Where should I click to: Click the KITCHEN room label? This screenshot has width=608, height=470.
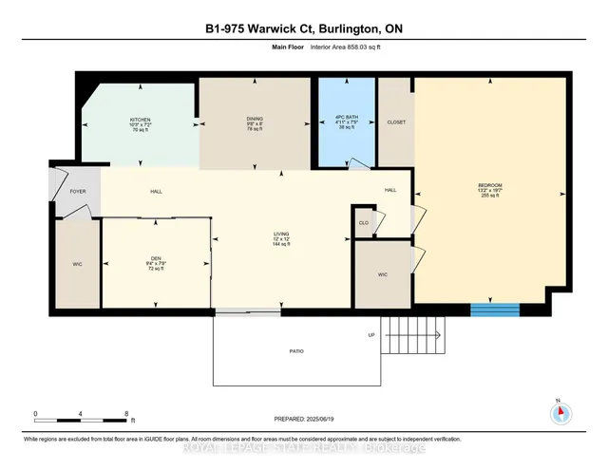click(x=140, y=121)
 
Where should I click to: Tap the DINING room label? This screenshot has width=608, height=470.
click(x=254, y=121)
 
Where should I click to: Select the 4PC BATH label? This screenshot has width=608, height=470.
click(x=346, y=121)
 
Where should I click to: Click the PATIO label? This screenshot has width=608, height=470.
click(x=297, y=351)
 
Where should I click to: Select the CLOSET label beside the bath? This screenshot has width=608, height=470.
click(x=396, y=122)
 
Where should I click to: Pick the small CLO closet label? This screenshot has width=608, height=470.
click(x=363, y=223)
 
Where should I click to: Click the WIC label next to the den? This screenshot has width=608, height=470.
click(x=78, y=265)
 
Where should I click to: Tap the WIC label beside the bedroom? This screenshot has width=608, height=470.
click(x=383, y=274)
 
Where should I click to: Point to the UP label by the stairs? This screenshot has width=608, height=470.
click(x=372, y=335)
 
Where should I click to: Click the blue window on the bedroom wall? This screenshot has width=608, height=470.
click(x=495, y=310)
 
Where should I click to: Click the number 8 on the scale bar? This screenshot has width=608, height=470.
click(x=126, y=414)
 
